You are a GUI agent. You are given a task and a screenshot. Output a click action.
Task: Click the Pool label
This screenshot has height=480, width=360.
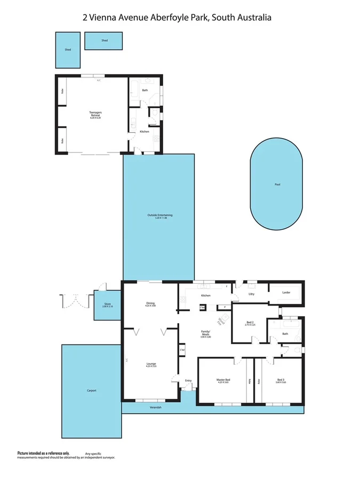(277, 185)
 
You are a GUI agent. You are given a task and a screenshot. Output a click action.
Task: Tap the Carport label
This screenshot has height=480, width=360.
(91, 391)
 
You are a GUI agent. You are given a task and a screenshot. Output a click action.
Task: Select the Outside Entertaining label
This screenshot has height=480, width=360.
(160, 215)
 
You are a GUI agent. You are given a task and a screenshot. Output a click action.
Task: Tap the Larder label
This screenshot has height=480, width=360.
(286, 292)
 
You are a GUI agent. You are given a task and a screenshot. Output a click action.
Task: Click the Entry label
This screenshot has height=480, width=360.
(188, 380)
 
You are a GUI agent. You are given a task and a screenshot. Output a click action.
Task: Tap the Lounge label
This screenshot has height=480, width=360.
(151, 365)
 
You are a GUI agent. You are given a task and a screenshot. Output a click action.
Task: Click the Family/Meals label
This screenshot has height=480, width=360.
(206, 333)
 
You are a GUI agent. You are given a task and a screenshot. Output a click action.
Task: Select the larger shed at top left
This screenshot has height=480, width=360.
(69, 50)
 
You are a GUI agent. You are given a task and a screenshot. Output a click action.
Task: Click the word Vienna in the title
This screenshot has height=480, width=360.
(106, 18)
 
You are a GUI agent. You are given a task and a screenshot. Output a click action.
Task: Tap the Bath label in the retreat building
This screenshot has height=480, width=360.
(145, 90)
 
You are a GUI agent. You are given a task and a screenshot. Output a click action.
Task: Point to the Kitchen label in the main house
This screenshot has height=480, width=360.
(206, 295)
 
